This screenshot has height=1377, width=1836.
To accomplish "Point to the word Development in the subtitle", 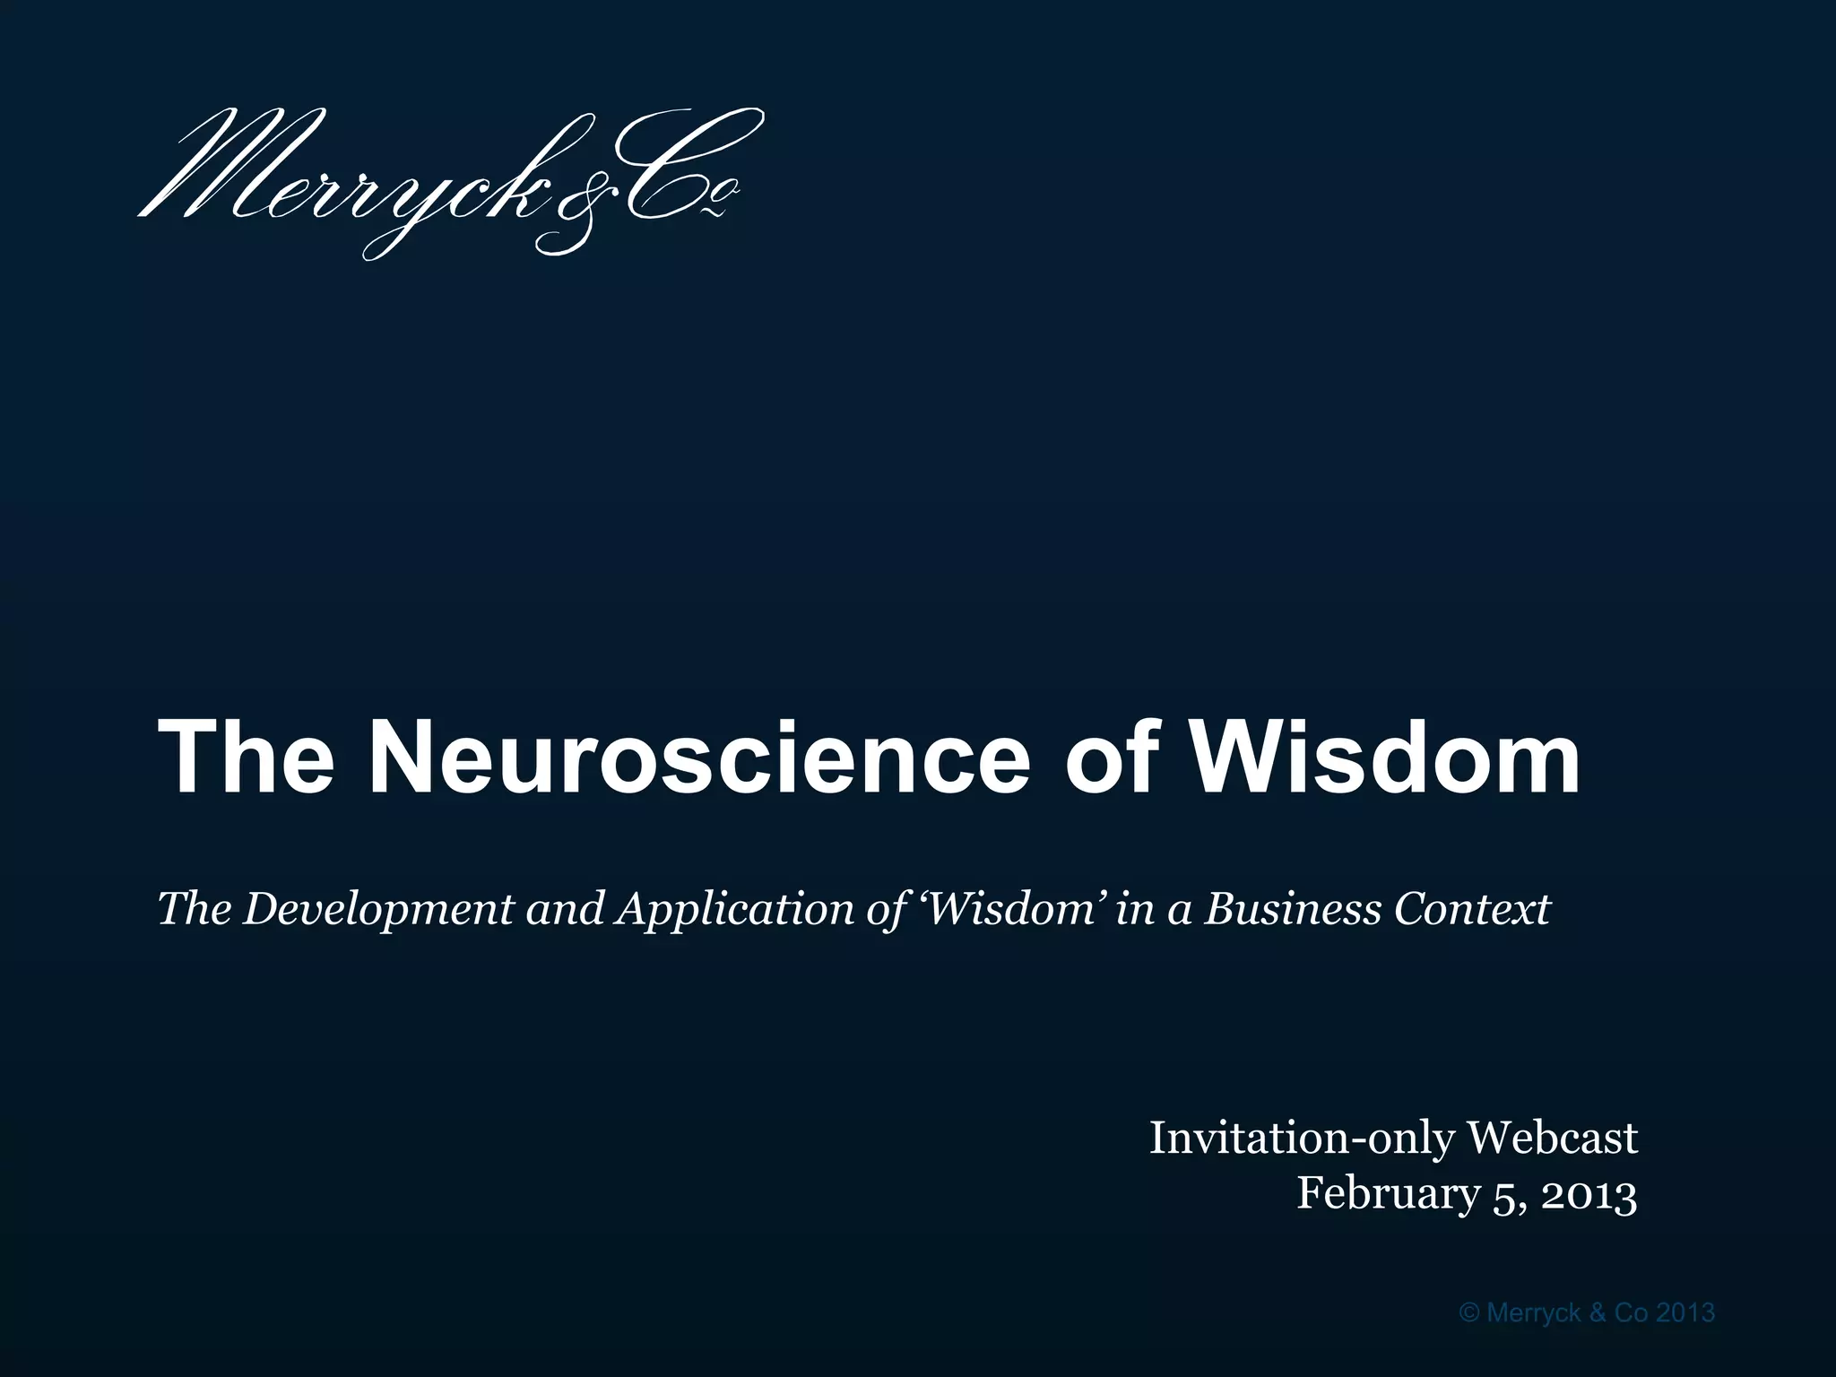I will click(379, 910).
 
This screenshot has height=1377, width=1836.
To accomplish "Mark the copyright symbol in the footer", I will click(1469, 1313).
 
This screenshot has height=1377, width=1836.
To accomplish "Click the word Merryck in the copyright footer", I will click(1533, 1313).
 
